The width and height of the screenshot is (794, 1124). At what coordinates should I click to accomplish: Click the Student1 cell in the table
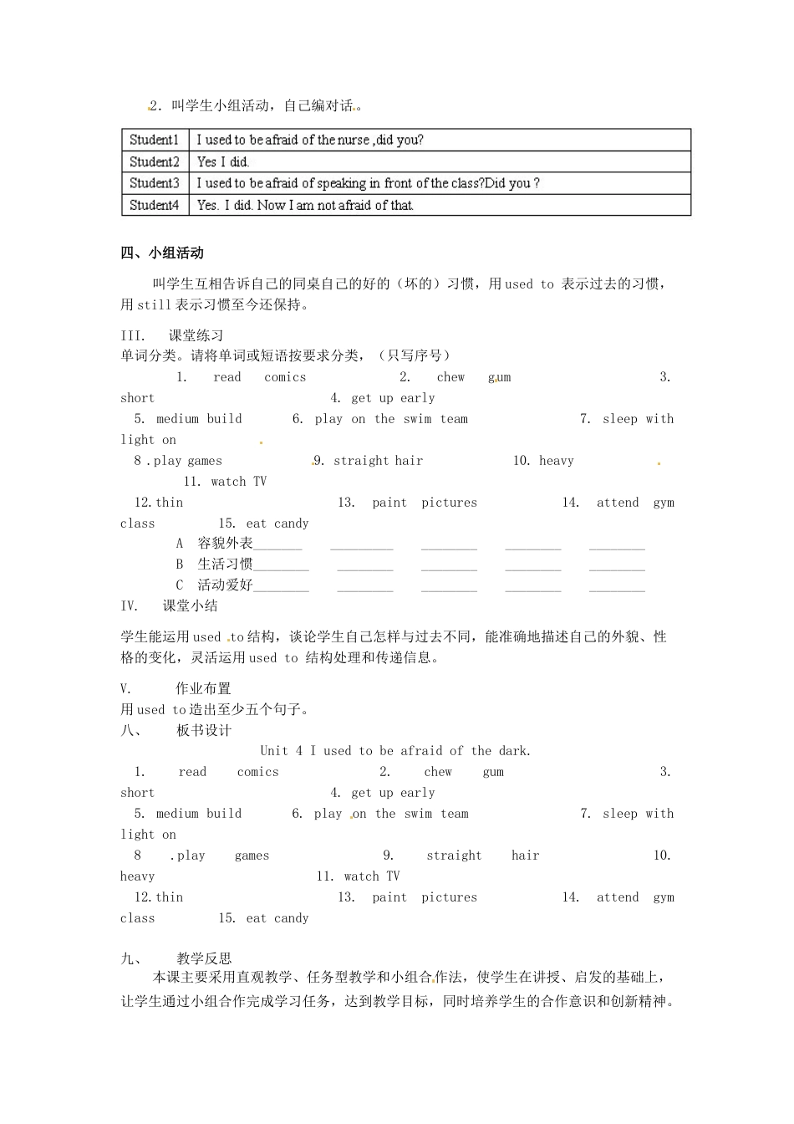155,140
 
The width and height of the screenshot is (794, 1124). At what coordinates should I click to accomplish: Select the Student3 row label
155,183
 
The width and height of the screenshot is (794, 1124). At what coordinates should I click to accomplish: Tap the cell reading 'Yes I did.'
223,161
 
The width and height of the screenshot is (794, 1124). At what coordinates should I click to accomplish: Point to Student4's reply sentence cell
305,205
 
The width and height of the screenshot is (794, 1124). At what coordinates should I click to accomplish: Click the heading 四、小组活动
162,253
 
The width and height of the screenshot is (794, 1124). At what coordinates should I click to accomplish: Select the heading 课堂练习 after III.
196,335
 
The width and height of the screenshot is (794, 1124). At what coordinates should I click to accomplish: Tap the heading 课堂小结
190,606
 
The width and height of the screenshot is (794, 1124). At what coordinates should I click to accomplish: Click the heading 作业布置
203,689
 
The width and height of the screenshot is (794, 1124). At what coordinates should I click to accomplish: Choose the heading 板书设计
204,730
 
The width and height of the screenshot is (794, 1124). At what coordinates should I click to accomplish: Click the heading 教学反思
204,958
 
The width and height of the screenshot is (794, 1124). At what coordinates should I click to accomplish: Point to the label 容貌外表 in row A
225,544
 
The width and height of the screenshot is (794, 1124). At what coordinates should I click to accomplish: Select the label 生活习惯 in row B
225,565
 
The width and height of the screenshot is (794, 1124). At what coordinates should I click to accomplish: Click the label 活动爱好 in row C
225,585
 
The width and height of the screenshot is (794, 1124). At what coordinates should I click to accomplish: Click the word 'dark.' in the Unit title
514,751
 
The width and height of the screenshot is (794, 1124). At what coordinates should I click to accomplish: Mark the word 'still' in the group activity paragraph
154,305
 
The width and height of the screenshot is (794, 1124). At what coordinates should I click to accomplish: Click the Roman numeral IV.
129,606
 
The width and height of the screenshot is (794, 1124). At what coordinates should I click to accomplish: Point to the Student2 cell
155,161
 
